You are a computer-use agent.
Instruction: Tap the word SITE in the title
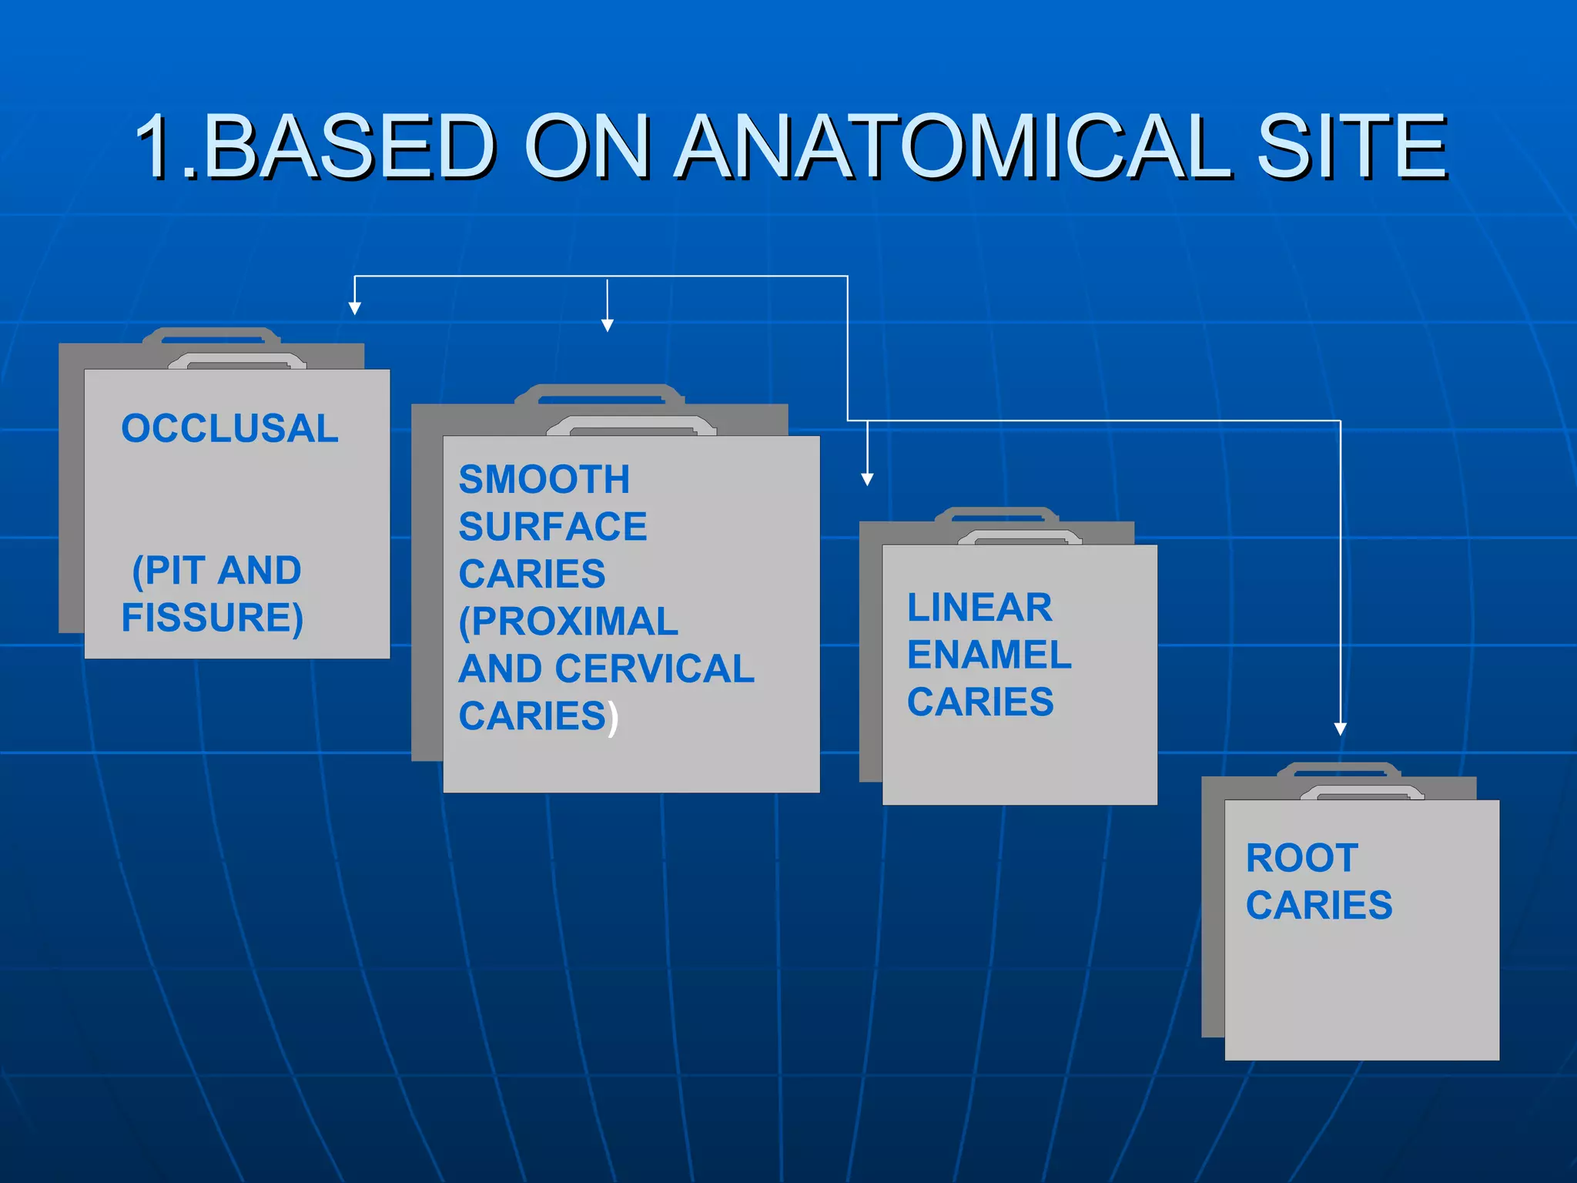coord(1351,146)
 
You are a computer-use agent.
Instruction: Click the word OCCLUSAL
coord(229,429)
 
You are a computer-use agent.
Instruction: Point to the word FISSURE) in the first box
coord(213,618)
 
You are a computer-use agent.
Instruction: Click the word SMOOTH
coord(544,480)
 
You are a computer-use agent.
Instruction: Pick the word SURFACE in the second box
coord(553,528)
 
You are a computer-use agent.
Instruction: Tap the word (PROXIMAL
coord(568,622)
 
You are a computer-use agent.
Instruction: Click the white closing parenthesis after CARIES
coord(613,718)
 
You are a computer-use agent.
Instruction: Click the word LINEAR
coord(979,608)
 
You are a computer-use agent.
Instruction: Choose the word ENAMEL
coord(989,655)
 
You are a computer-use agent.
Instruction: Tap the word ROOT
coord(1302,858)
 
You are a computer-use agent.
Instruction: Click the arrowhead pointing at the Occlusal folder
coord(354,309)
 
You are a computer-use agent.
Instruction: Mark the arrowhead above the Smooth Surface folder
coord(608,326)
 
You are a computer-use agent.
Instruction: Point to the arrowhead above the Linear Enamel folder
coord(867,479)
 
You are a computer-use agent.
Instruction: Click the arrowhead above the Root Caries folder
coord(1340,729)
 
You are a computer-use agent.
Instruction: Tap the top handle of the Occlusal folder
coord(212,334)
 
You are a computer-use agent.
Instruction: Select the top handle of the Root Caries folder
coord(1338,768)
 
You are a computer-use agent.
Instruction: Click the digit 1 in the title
coord(159,146)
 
